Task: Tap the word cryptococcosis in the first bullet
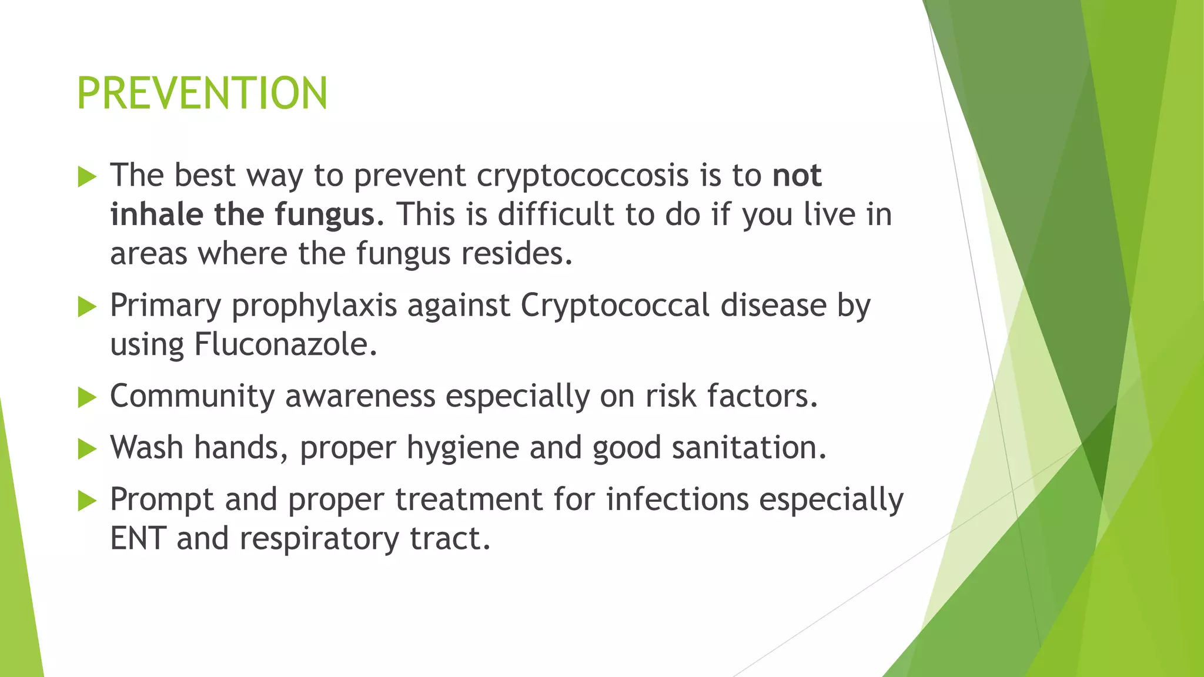pos(582,176)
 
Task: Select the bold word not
pos(797,176)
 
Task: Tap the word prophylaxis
pos(314,306)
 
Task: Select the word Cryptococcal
pos(615,306)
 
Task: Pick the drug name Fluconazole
pos(285,345)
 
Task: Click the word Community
pos(192,396)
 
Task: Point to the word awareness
pos(360,396)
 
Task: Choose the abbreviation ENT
pos(138,538)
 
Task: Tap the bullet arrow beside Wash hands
pos(86,450)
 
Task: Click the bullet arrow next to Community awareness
pos(86,398)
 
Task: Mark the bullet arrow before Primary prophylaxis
pos(86,307)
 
